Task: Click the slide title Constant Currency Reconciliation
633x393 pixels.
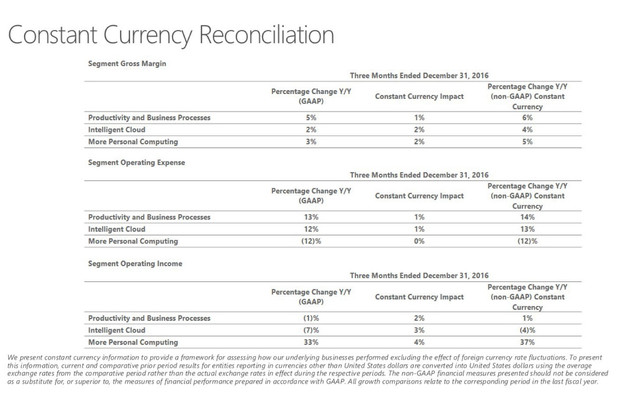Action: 171,35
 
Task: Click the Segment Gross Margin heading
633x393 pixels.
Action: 127,64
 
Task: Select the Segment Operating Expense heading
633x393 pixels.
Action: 137,163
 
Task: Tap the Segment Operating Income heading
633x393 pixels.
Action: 135,264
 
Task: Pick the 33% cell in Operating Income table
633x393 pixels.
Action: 311,342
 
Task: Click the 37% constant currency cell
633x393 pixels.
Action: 527,342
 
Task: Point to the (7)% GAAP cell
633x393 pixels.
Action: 311,330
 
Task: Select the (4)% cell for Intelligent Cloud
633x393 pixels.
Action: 527,330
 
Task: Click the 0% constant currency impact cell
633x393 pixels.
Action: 419,241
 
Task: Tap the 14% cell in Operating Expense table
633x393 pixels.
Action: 527,217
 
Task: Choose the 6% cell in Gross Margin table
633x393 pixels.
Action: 527,118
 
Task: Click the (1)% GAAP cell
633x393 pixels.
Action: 311,318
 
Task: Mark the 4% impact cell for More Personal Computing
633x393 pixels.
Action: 419,342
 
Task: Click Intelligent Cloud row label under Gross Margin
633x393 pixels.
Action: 117,130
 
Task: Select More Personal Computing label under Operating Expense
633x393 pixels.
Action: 133,241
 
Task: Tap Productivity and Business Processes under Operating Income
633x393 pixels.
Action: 149,318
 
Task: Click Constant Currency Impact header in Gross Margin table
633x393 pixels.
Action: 419,97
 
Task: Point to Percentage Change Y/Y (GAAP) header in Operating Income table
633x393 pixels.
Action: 311,297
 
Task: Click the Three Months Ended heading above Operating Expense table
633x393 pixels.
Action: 419,175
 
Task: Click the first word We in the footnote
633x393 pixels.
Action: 13,358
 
